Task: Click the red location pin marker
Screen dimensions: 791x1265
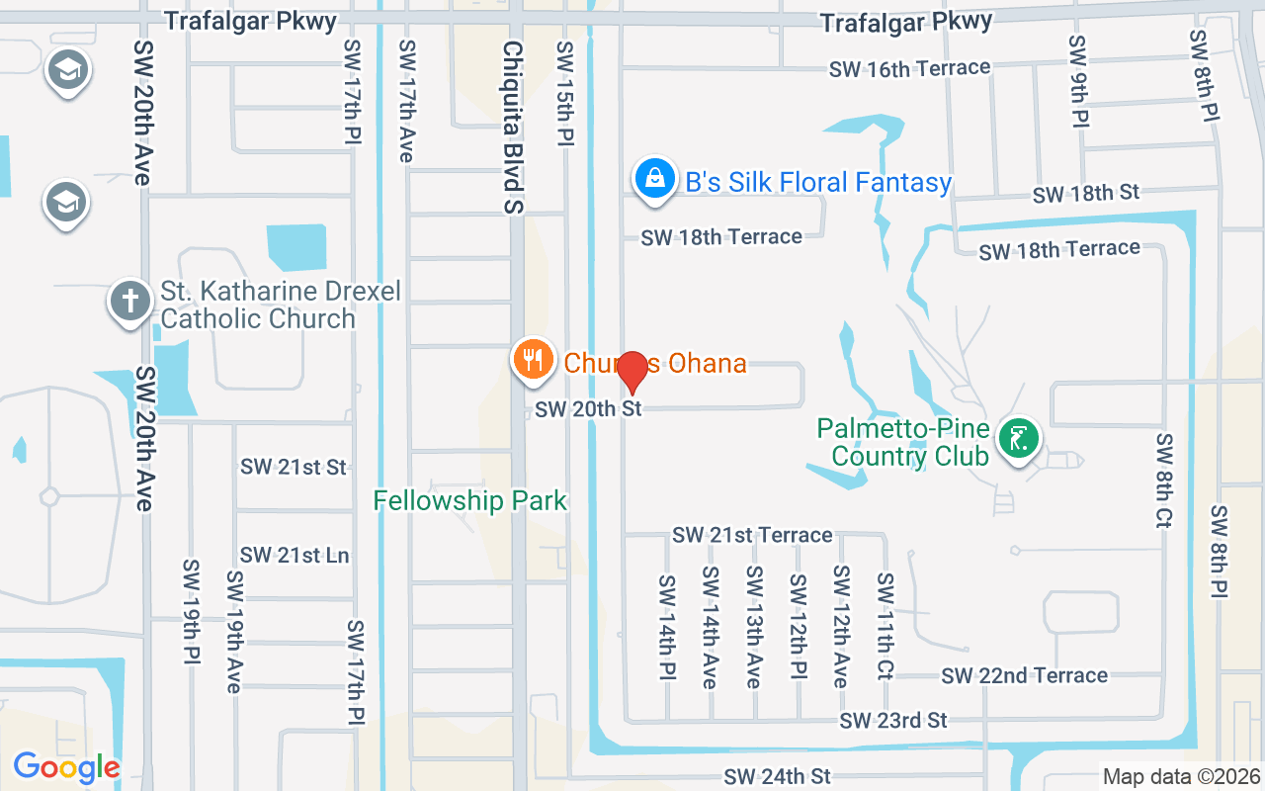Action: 632,371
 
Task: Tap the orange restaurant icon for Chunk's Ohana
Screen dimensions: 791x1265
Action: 534,360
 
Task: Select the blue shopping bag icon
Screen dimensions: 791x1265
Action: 654,180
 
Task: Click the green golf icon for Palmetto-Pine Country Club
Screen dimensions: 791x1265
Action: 1017,435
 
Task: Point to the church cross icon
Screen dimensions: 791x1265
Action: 129,301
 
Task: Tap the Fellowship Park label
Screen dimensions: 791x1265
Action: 470,500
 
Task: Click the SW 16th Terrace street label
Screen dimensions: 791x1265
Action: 909,68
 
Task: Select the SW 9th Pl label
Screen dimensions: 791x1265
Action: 1078,81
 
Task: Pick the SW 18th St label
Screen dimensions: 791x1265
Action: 1086,193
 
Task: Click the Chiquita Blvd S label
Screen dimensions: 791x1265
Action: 512,127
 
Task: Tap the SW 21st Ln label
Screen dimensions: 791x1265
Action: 295,555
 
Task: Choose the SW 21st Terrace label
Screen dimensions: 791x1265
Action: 752,535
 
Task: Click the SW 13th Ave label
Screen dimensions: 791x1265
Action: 754,627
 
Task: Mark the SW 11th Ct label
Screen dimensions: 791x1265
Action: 885,627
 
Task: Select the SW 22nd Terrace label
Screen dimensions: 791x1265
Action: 1024,675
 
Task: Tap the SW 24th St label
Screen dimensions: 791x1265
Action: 777,776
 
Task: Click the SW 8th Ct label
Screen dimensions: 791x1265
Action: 1163,480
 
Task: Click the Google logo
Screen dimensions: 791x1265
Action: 66,766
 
